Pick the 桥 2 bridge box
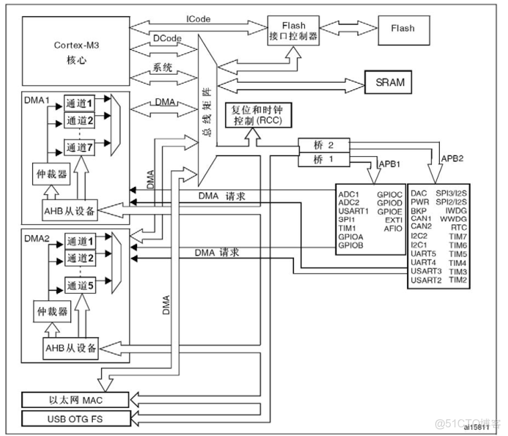[x=323, y=145]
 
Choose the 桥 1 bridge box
[x=323, y=159]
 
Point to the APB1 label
[x=390, y=162]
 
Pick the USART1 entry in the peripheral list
[x=354, y=211]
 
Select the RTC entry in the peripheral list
[x=459, y=226]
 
